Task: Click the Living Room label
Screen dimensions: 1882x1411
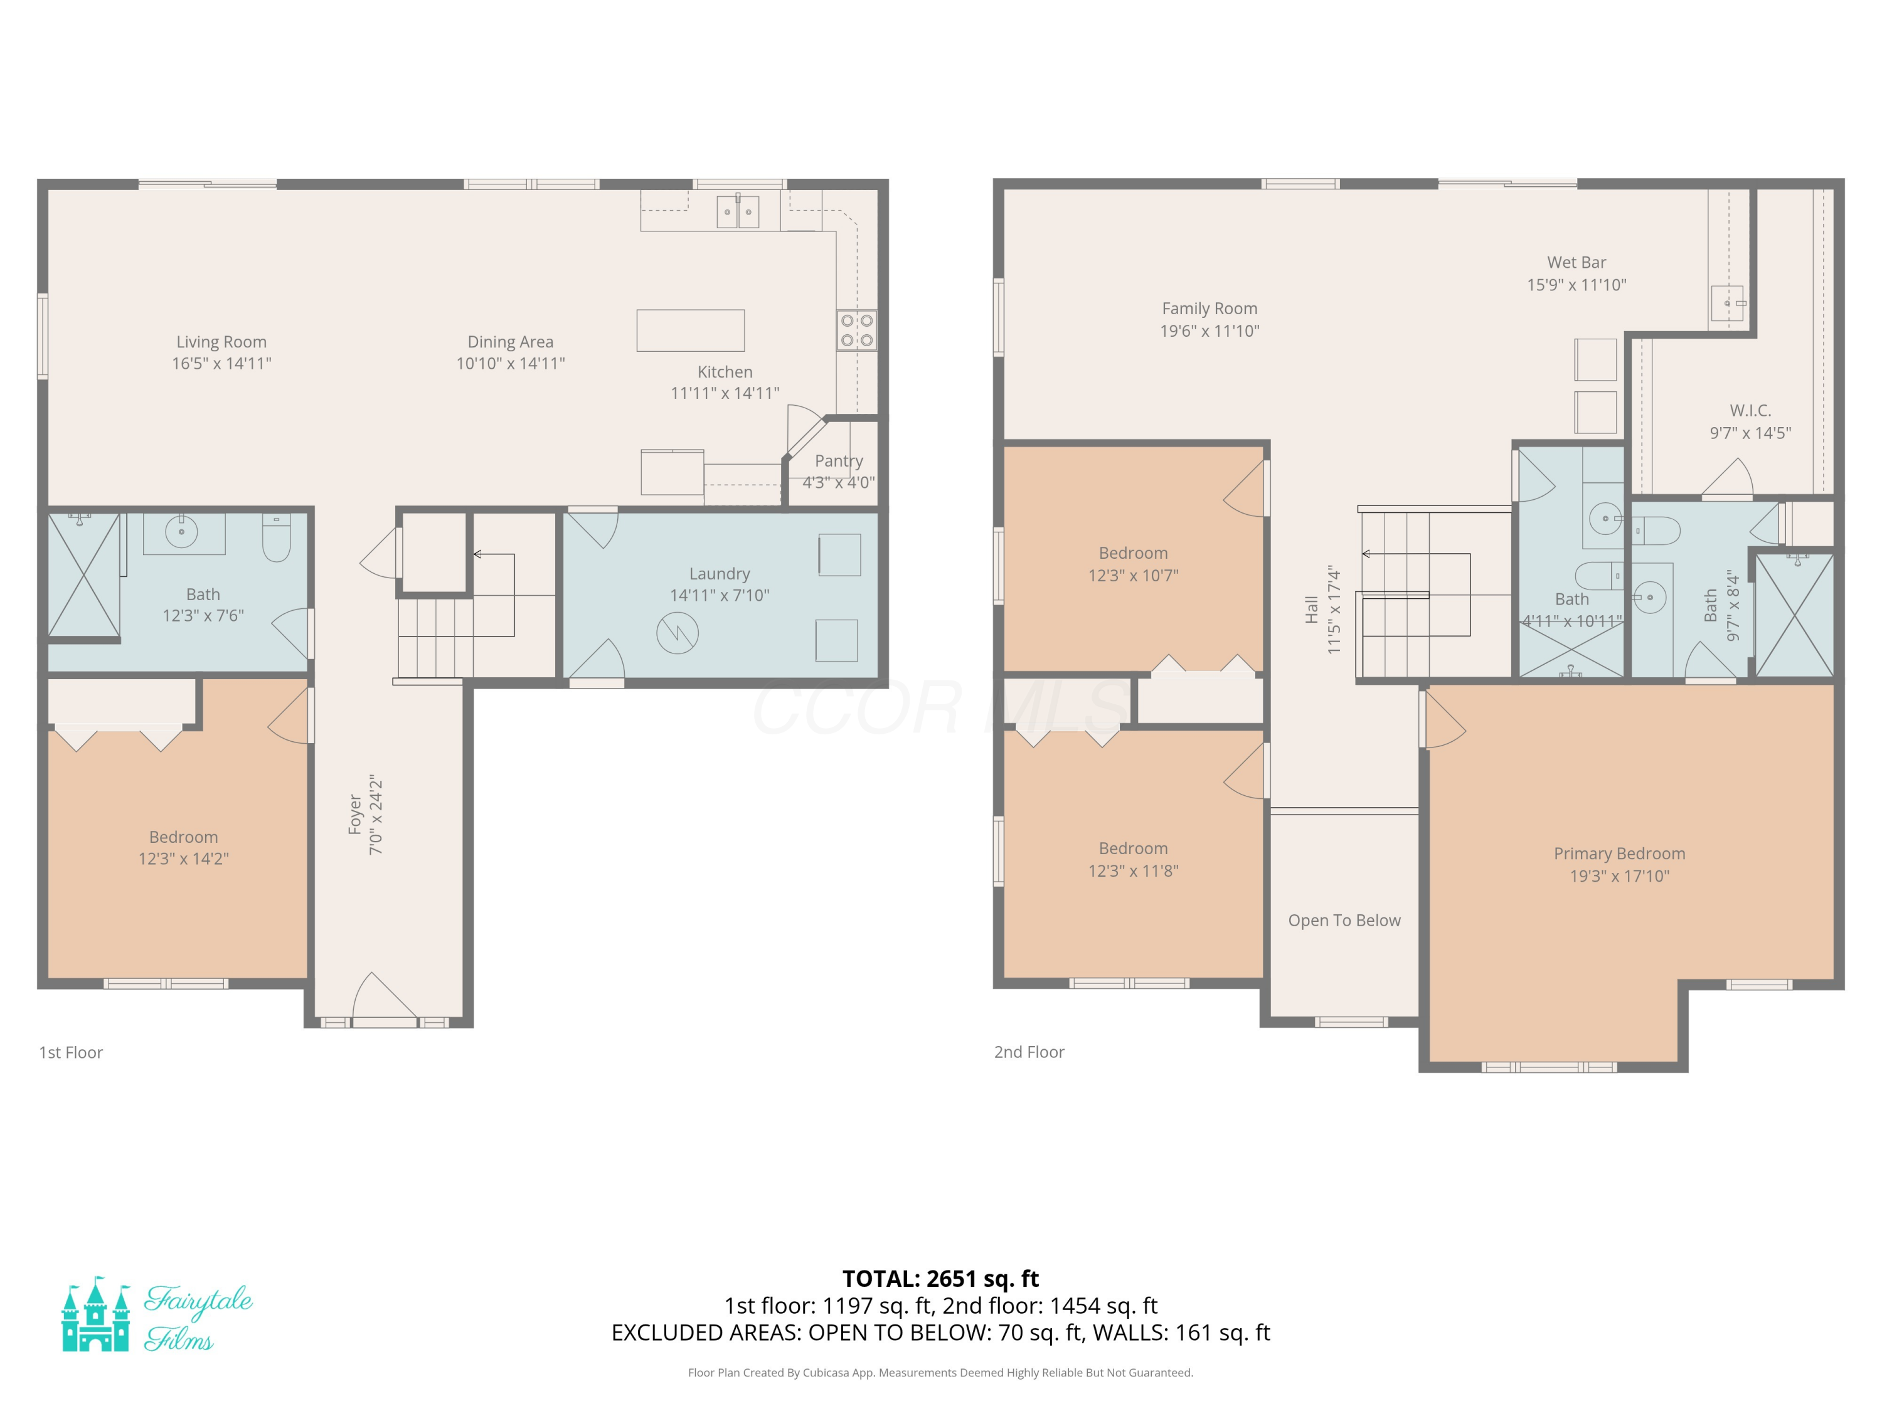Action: [x=221, y=342]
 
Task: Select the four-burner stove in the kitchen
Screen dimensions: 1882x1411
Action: [x=857, y=331]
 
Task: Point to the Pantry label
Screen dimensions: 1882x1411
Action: [x=839, y=461]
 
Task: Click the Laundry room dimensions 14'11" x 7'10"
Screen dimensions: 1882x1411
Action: [x=720, y=595]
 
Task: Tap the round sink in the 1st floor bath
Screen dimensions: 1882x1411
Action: [x=181, y=532]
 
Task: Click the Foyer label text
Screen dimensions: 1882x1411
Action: [x=356, y=814]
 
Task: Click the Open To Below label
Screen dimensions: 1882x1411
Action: [x=1344, y=920]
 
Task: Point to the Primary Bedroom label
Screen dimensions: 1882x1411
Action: [x=1619, y=854]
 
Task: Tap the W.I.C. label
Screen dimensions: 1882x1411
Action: [x=1750, y=411]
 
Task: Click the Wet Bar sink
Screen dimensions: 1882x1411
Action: [x=1727, y=304]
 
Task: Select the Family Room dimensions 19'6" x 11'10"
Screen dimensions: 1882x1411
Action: [x=1210, y=331]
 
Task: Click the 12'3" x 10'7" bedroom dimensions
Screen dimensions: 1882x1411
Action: [x=1134, y=576]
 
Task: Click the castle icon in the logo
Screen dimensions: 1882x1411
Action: [x=95, y=1314]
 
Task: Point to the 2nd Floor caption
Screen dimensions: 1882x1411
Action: [x=1029, y=1052]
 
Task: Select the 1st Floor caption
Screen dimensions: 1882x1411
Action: [x=71, y=1052]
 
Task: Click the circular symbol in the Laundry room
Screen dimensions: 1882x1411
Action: [x=678, y=633]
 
